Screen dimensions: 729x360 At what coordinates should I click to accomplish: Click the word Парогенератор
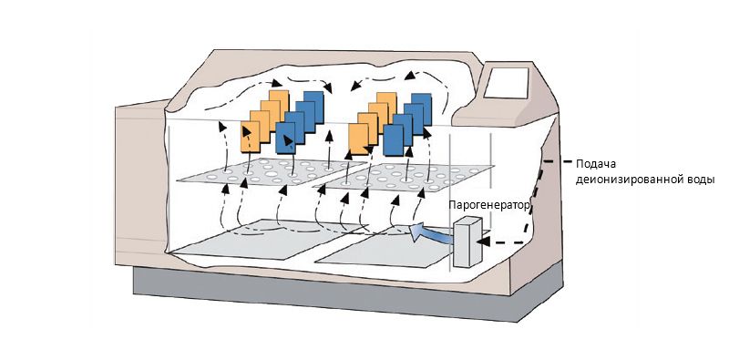[x=489, y=205]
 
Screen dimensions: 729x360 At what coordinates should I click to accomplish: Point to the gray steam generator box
[x=467, y=242]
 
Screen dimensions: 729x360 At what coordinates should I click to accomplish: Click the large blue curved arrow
[x=431, y=232]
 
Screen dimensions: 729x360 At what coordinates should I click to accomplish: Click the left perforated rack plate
[x=272, y=172]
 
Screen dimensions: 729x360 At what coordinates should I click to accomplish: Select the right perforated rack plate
[x=404, y=177]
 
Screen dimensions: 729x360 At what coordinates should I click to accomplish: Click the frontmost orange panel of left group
[x=250, y=137]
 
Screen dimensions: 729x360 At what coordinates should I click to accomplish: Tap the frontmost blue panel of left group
[x=285, y=139]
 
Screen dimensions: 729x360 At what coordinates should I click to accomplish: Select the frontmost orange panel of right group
[x=358, y=139]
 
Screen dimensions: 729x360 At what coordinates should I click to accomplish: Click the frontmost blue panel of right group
[x=394, y=140]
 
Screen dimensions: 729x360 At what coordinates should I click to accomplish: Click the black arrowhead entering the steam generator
[x=484, y=242]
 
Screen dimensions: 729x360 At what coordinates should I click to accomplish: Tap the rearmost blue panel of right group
[x=422, y=107]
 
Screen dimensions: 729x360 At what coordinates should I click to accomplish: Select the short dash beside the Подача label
[x=567, y=162]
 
